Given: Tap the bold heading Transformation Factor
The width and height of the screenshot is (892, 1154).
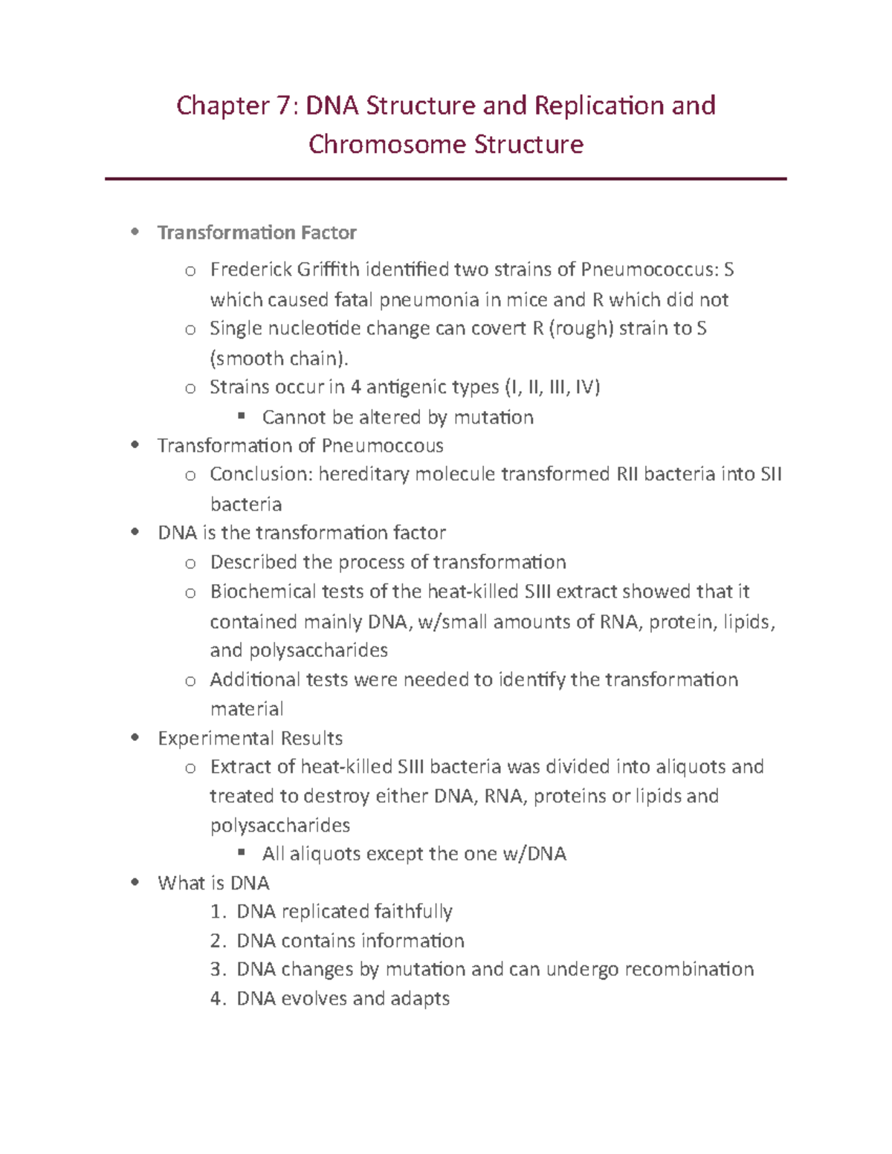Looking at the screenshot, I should (x=256, y=233).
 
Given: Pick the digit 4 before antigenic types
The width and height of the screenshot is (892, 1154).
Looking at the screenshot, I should (x=355, y=387).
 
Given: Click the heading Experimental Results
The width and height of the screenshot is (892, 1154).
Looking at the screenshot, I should (x=250, y=739).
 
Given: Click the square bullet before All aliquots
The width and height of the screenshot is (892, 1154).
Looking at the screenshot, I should (x=241, y=853).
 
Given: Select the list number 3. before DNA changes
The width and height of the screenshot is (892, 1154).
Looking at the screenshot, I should (x=217, y=970).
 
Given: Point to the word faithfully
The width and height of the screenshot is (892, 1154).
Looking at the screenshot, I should (x=413, y=912).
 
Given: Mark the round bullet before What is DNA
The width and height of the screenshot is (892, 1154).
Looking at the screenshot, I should (x=135, y=883).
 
